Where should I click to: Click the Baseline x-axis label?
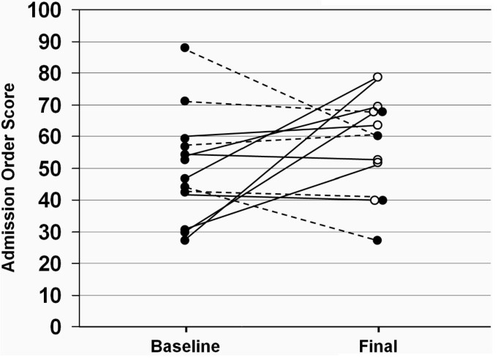[185, 345]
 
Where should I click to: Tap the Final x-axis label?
[377, 345]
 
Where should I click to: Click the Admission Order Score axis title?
[12, 168]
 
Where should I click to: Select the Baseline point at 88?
[185, 48]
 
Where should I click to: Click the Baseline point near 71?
[185, 101]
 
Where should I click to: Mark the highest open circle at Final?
[377, 77]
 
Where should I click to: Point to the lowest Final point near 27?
[377, 240]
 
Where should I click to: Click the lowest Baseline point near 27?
[185, 240]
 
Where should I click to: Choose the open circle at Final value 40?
[374, 200]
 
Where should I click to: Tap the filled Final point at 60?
[377, 135]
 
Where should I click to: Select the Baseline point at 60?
[185, 138]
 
